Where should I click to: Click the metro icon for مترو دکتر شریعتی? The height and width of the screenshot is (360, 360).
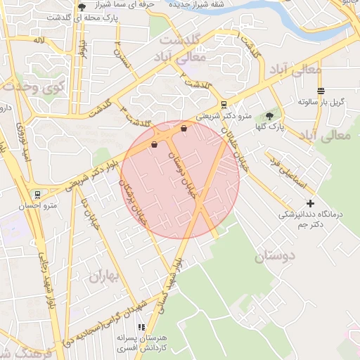pyautogui.click(x=224, y=104)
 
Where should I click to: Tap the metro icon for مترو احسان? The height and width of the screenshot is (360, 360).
pyautogui.click(x=37, y=194)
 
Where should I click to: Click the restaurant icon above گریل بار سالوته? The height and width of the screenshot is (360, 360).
pyautogui.click(x=321, y=91)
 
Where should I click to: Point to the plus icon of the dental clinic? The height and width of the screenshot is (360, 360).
pyautogui.click(x=310, y=202)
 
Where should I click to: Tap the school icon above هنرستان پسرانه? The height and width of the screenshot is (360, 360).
pyautogui.click(x=141, y=327)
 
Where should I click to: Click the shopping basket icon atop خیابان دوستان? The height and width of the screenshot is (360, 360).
pyautogui.click(x=184, y=129)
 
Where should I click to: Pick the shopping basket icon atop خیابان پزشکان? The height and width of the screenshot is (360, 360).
pyautogui.click(x=154, y=144)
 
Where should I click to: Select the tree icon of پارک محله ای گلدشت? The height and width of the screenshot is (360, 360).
pyautogui.click(x=82, y=7)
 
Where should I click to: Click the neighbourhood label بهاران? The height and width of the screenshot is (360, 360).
pyautogui.click(x=105, y=275)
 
